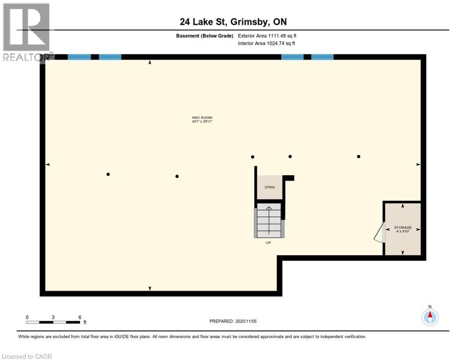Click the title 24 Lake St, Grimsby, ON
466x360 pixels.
tap(233, 22)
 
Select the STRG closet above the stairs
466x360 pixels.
tap(270, 187)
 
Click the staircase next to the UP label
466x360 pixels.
tap(269, 220)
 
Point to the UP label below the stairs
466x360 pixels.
tap(268, 242)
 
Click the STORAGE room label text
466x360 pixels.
tap(402, 227)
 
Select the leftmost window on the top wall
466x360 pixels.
tap(79, 57)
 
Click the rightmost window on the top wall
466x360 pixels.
tap(323, 57)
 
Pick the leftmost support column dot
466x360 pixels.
tap(108, 174)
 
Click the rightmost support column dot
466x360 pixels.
tap(359, 157)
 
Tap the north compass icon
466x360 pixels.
tap(429, 317)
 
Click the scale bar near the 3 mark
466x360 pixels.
tap(53, 322)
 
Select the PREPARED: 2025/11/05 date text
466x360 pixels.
tap(233, 321)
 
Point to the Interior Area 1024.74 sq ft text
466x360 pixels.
tap(267, 43)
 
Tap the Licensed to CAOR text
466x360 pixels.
tap(27, 356)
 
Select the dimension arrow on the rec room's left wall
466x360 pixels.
tap(47, 165)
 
